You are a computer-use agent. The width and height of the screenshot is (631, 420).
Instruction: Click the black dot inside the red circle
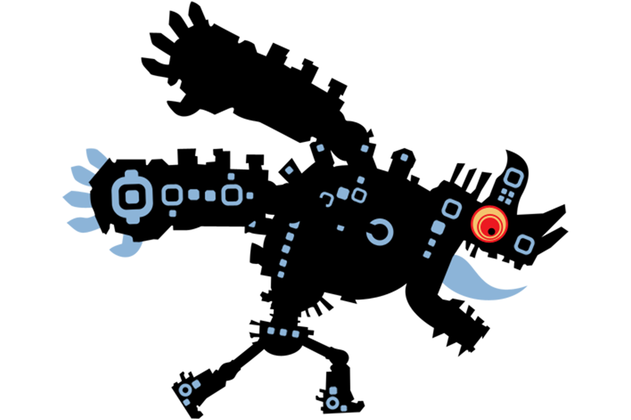click(491, 231)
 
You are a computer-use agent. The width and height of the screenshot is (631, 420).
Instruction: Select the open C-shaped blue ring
click(380, 232)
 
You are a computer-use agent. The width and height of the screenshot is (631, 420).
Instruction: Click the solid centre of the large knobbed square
click(132, 197)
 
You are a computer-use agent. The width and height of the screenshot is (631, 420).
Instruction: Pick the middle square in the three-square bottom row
click(283, 332)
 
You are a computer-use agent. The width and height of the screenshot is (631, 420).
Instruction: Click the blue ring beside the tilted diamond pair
click(184, 390)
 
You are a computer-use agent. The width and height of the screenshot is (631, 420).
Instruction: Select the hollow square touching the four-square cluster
click(513, 177)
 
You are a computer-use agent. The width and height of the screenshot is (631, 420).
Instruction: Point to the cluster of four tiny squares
click(505, 196)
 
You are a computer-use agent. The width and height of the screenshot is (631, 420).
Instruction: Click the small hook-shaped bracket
click(327, 199)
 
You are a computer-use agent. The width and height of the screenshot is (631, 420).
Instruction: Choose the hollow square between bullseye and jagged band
click(524, 245)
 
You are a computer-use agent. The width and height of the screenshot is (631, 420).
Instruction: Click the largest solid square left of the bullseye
click(438, 227)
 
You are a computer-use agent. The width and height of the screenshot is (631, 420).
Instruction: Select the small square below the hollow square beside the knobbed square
click(172, 213)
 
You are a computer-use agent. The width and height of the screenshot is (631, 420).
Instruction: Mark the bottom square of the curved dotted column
click(281, 274)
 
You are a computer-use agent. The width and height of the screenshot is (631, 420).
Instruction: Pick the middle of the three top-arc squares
click(364, 148)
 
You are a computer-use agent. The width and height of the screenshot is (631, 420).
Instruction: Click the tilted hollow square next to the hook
click(359, 196)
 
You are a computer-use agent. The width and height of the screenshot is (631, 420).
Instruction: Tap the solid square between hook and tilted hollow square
click(343, 193)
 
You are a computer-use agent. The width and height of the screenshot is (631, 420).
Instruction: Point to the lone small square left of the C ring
click(341, 228)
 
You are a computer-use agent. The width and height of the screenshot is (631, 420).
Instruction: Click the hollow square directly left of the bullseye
click(452, 208)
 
